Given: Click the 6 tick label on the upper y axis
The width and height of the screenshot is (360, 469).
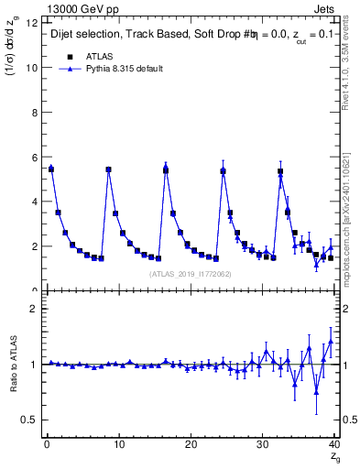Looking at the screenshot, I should coord(34,158).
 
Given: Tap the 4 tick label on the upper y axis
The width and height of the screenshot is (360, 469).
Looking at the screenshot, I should coord(34,202).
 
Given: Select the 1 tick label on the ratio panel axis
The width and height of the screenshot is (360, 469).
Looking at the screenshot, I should coord(34,365).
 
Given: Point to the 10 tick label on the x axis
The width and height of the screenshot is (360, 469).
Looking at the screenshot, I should coord(118,444).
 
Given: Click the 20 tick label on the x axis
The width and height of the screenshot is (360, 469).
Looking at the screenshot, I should coord(191,444).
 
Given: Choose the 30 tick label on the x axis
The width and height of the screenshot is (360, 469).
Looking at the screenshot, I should coord(263,444).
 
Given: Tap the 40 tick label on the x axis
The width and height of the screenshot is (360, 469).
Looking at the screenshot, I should coord(334,444).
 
